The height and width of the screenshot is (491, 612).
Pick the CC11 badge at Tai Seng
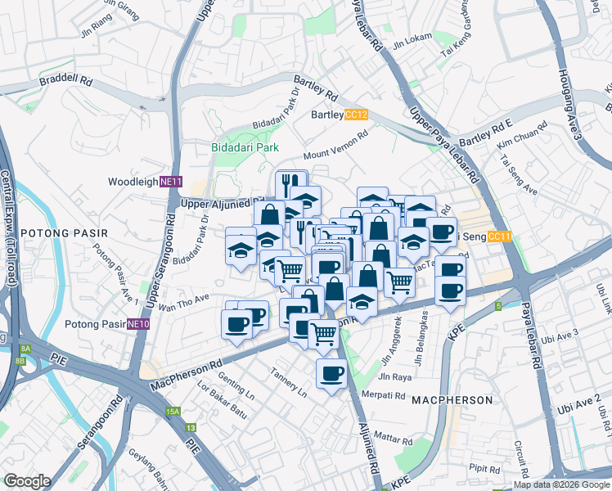pos(498,237)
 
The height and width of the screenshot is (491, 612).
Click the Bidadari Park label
pos(243,147)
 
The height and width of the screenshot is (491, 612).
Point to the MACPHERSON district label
pos(452,400)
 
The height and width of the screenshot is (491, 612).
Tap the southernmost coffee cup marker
pos(331,375)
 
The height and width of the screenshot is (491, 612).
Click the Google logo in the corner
pos(27,481)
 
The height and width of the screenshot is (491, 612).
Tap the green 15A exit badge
pos(172,412)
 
